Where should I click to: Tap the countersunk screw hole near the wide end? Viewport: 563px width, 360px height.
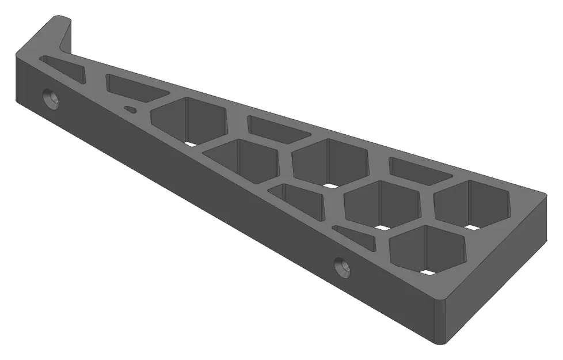(x=344, y=267)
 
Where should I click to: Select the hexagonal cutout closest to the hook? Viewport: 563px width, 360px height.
(x=189, y=120)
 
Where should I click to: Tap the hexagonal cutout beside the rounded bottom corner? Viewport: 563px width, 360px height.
(x=427, y=249)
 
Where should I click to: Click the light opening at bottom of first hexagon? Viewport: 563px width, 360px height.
(x=190, y=144)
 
